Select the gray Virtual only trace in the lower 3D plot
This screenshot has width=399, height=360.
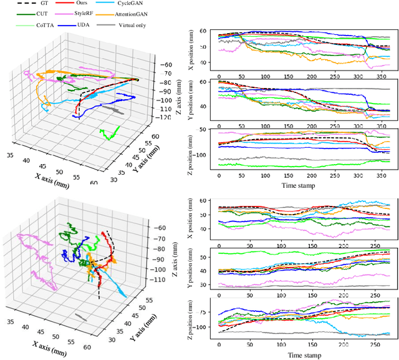[82, 318]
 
